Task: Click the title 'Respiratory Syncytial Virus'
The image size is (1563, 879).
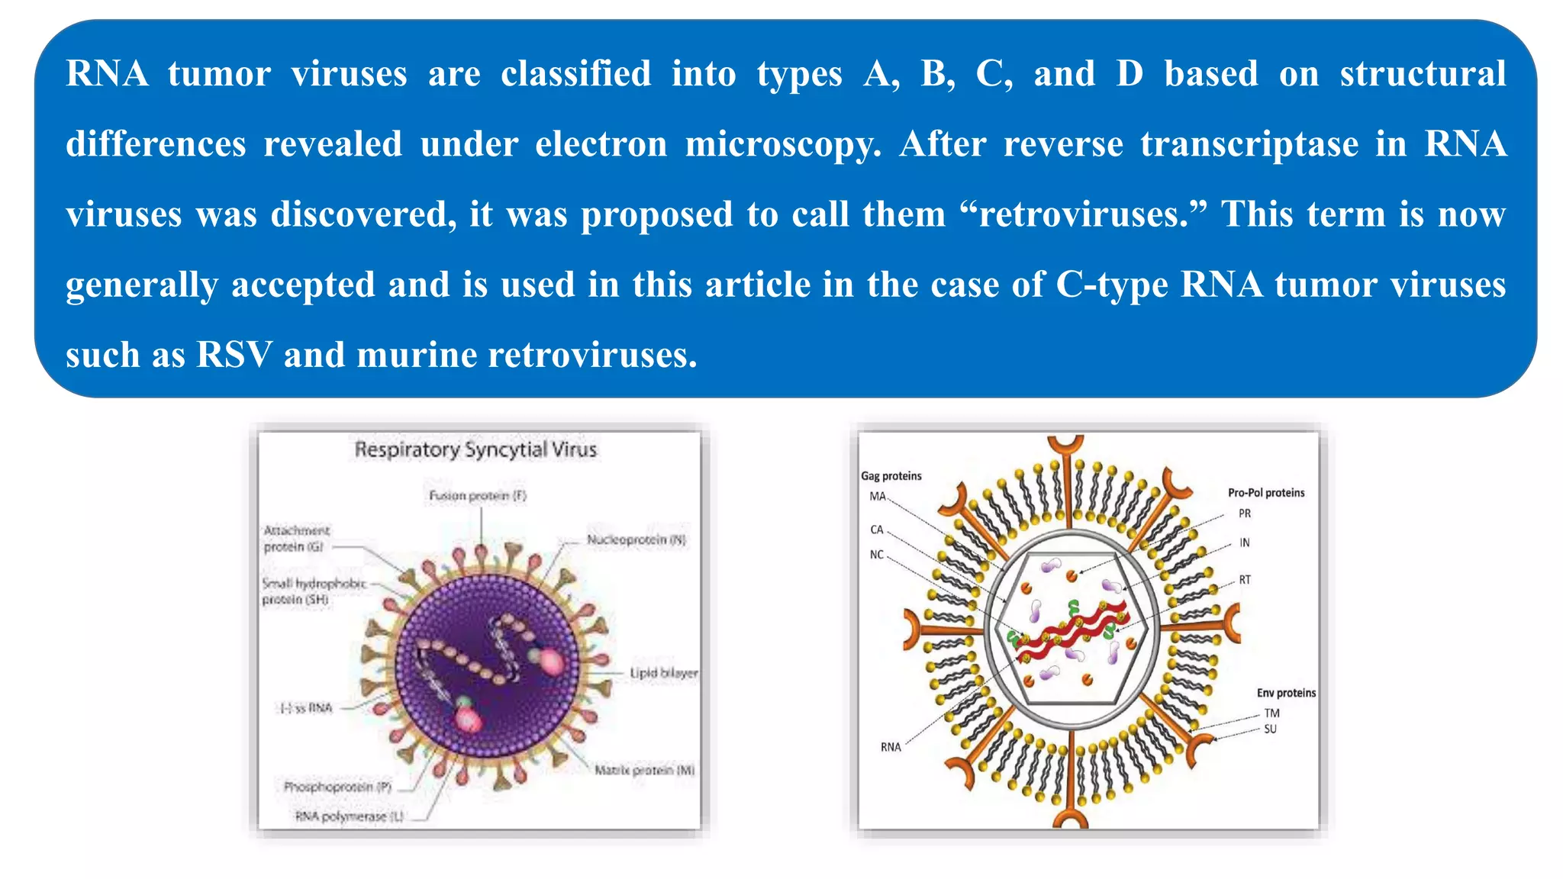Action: [x=475, y=449]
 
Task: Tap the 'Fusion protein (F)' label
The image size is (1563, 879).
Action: [x=478, y=496]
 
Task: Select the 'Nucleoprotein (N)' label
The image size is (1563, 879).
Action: [x=636, y=540]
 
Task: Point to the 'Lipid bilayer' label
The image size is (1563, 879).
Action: [x=663, y=673]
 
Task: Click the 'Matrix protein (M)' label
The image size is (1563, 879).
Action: [x=645, y=771]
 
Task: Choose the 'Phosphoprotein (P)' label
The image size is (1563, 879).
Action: [x=337, y=787]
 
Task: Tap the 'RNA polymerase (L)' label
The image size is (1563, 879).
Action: [x=350, y=816]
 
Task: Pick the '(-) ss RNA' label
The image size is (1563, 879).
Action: [x=305, y=708]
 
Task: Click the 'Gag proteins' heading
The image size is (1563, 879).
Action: [x=891, y=476]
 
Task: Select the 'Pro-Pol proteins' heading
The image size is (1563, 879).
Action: [x=1266, y=493]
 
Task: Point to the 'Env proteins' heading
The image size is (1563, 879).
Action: [x=1286, y=693]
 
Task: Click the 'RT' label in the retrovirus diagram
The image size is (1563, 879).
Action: [x=1245, y=580]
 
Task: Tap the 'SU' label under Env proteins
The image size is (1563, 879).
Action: [x=1270, y=729]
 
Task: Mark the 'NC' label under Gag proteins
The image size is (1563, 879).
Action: [x=877, y=555]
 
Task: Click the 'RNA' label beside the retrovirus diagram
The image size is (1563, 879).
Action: [x=891, y=747]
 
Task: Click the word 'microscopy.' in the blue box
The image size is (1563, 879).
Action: [x=783, y=144]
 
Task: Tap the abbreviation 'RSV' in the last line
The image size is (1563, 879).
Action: [x=234, y=355]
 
